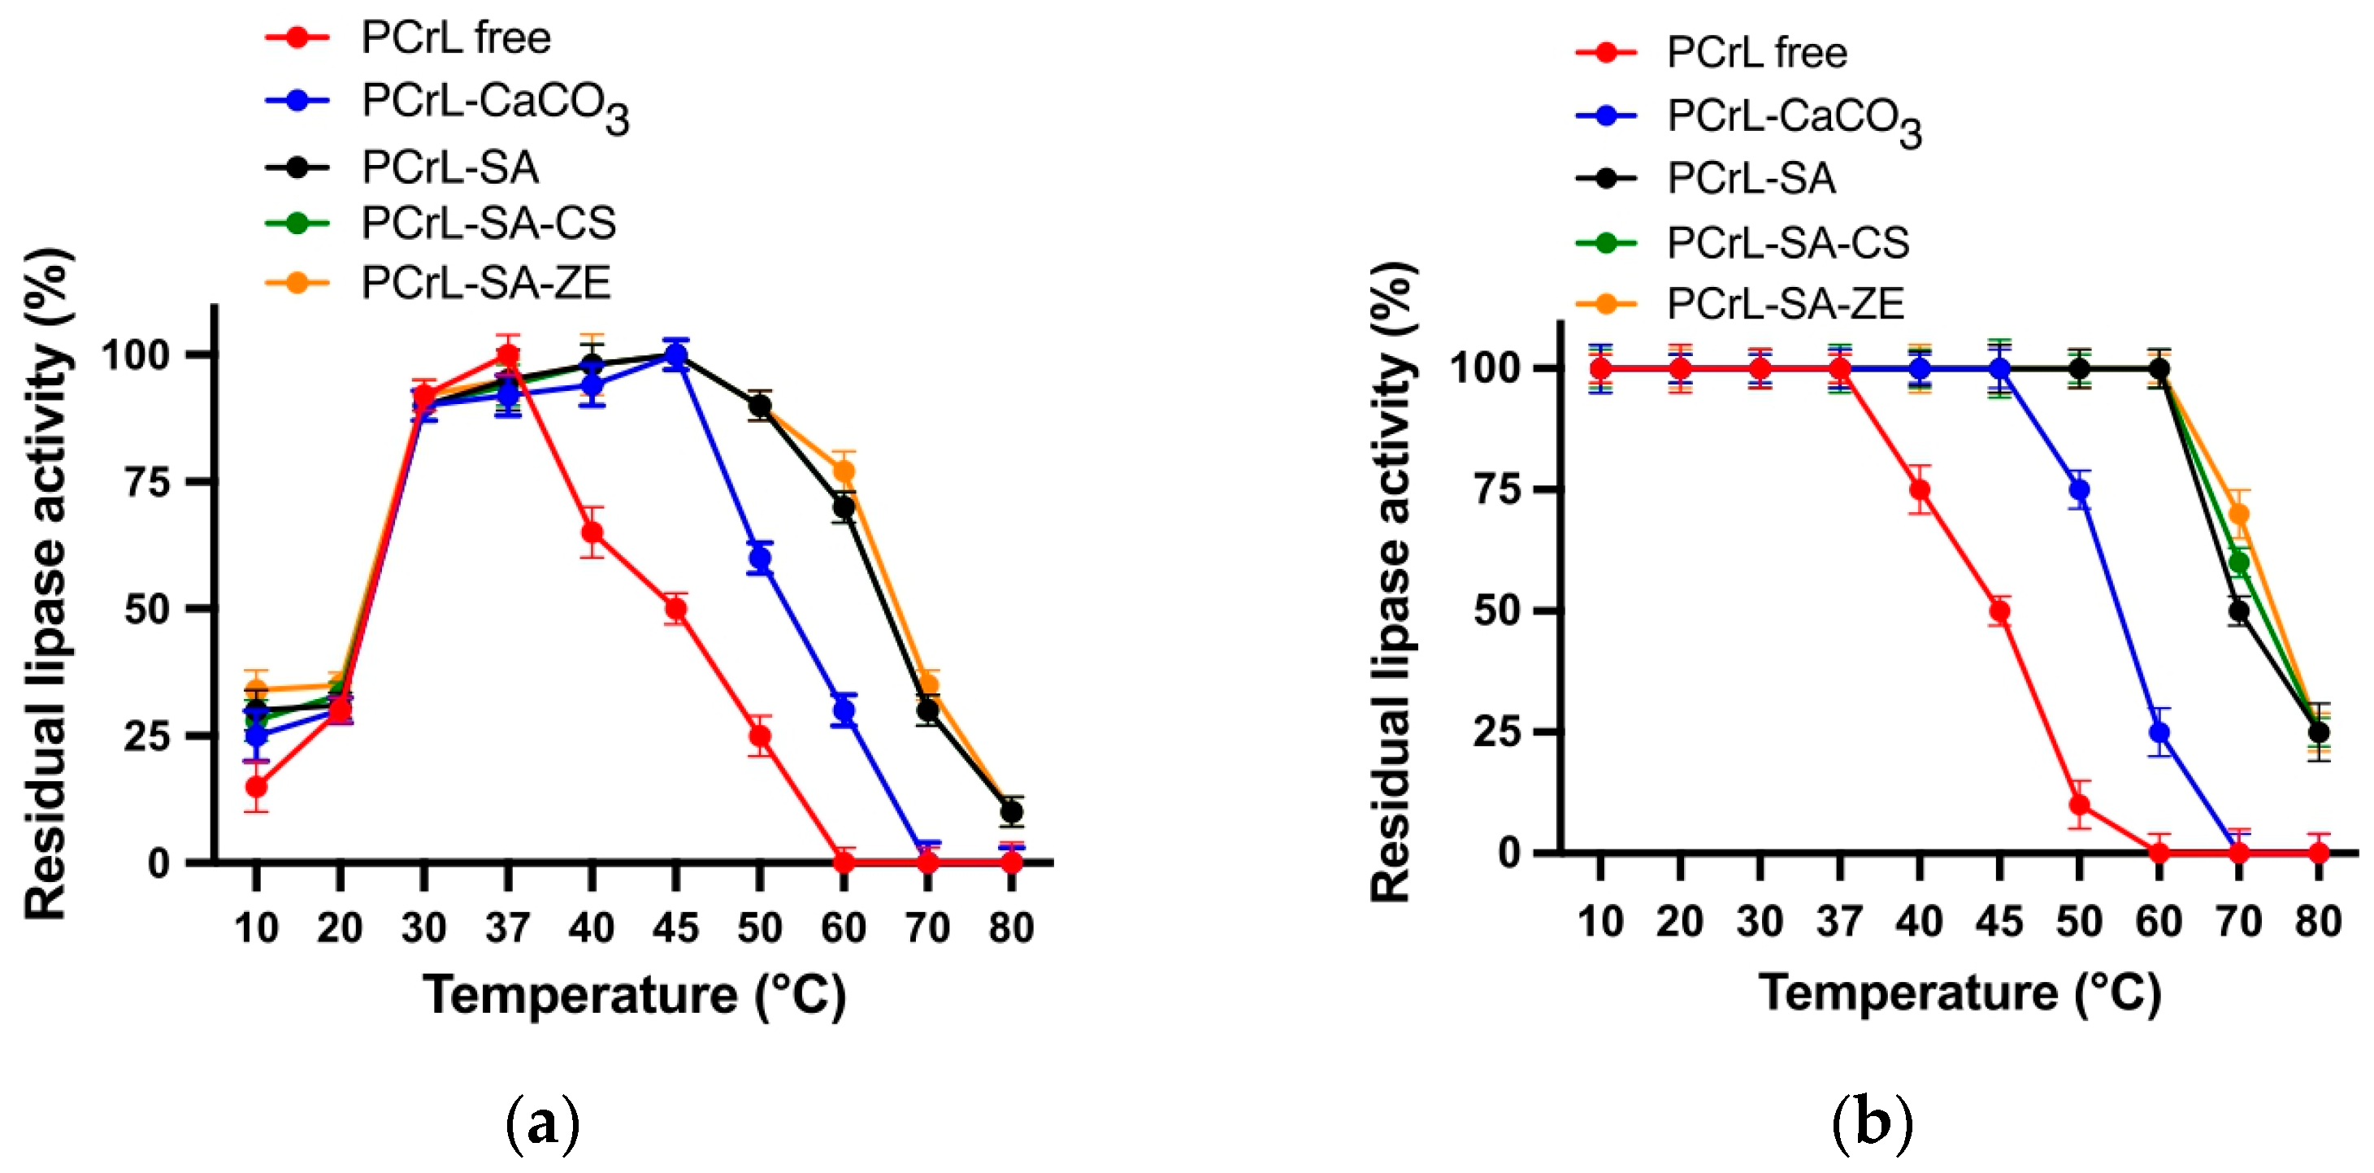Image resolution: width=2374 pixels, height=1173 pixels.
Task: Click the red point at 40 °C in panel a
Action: [592, 532]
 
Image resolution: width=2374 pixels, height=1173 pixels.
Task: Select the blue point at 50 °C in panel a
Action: [759, 558]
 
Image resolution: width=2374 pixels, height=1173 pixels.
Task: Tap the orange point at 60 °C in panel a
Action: [844, 471]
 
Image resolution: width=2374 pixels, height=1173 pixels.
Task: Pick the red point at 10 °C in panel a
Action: [256, 786]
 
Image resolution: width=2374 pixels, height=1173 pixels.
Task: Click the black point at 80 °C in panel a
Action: [1011, 811]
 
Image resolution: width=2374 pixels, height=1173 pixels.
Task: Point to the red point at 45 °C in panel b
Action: [1999, 611]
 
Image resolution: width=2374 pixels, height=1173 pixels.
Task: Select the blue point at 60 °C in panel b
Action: [2159, 732]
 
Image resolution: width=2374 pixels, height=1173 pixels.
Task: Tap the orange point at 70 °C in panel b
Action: [2238, 513]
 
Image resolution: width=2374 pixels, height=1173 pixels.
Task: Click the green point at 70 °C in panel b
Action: [2238, 562]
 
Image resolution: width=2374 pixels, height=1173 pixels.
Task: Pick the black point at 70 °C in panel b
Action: [2238, 611]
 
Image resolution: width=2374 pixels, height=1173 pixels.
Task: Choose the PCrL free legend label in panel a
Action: [455, 37]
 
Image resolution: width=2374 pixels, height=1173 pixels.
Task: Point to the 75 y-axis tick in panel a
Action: [147, 482]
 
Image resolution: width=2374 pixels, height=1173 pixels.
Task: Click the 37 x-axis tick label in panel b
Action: [1838, 922]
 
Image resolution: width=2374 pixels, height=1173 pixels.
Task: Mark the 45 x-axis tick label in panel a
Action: [675, 927]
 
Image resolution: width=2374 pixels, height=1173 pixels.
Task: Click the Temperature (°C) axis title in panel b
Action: [1960, 993]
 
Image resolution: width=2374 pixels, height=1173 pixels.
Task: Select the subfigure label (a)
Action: [543, 1123]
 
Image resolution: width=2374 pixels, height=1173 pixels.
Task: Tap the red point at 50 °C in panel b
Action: [2079, 805]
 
